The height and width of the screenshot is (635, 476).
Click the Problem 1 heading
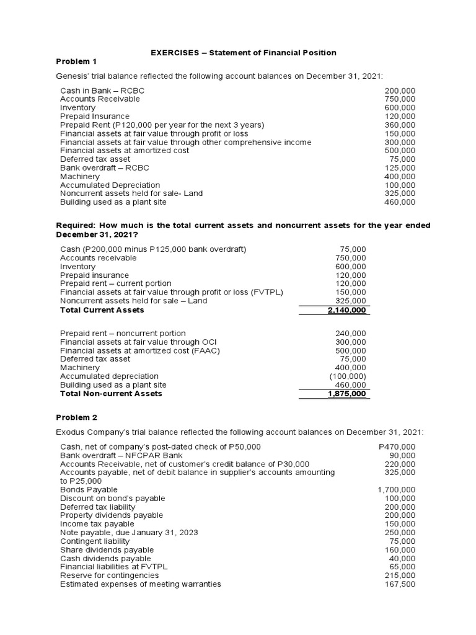click(77, 61)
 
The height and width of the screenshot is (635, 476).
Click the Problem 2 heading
click(77, 418)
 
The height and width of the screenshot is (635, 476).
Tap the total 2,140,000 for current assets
click(346, 310)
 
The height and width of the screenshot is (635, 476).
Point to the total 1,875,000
click(346, 394)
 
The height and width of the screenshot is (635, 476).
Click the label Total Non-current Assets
click(111, 394)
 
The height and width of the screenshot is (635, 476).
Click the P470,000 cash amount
click(397, 446)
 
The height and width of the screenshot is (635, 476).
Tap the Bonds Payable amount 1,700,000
click(397, 490)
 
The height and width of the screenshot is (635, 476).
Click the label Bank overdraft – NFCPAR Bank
click(113, 455)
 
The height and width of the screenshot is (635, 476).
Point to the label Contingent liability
click(95, 541)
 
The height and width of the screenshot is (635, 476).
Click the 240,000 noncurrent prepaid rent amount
click(350, 333)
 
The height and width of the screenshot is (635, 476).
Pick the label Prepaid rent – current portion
click(115, 283)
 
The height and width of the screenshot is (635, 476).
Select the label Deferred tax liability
click(97, 507)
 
